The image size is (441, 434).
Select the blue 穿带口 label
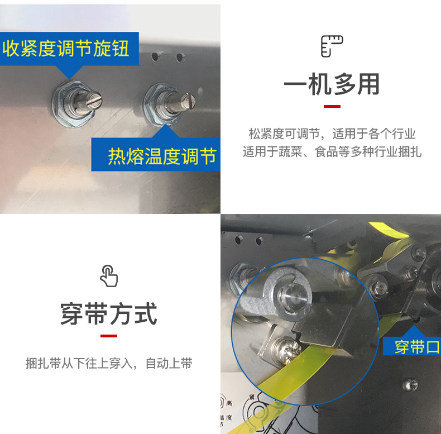click(x=412, y=346)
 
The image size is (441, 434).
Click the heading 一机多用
click(x=332, y=84)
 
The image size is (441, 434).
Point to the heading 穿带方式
click(x=108, y=313)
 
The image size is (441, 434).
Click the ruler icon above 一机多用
click(x=332, y=46)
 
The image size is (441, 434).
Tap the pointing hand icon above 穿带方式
click(x=109, y=276)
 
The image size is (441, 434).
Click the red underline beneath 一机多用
click(x=332, y=106)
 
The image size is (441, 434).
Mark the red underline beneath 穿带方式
click(x=109, y=336)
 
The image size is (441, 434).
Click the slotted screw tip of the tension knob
click(x=95, y=100)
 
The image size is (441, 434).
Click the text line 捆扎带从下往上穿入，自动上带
click(x=109, y=363)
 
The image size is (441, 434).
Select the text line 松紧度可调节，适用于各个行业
click(x=332, y=133)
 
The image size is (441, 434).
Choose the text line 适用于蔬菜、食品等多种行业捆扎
click(x=332, y=152)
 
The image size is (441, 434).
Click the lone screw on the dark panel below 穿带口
click(x=410, y=385)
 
